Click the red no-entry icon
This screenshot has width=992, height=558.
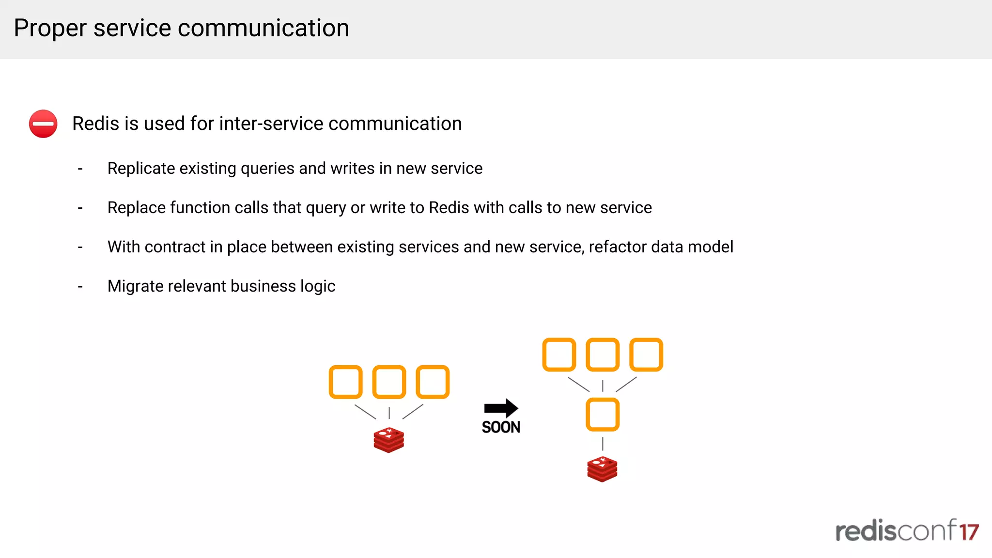tap(43, 124)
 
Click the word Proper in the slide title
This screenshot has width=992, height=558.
tap(50, 28)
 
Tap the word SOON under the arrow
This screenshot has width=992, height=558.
tap(501, 427)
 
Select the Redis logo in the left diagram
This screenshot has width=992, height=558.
tap(388, 440)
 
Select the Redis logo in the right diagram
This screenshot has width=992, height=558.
tap(602, 469)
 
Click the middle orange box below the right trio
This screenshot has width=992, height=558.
tap(603, 415)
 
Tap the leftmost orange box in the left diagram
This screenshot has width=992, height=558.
tap(345, 382)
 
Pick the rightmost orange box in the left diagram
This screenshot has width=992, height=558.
tap(433, 382)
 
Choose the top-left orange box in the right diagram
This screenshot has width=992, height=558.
tap(559, 355)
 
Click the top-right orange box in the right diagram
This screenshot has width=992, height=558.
tap(646, 355)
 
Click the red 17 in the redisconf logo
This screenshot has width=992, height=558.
tap(969, 532)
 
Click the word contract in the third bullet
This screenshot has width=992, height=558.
tap(174, 247)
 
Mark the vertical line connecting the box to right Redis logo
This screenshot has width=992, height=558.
tap(603, 444)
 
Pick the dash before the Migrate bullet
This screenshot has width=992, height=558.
tap(80, 287)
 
